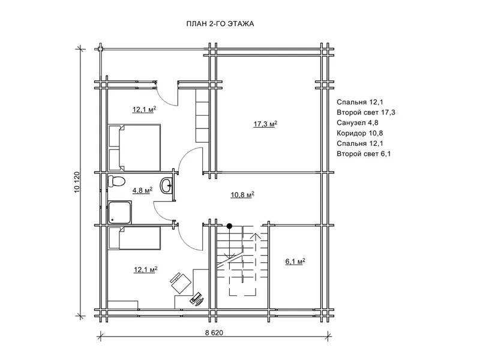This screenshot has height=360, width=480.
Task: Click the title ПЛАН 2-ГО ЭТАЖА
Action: [220, 24]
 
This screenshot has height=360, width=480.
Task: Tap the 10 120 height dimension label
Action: [77, 182]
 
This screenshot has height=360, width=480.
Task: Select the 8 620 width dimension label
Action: [214, 333]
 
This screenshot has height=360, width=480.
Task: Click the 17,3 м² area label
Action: [265, 124]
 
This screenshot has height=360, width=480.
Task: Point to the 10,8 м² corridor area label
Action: [242, 194]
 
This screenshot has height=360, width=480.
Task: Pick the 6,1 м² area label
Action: [295, 262]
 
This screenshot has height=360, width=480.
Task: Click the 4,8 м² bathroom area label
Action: [142, 190]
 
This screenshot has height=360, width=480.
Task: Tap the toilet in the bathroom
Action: [116, 181]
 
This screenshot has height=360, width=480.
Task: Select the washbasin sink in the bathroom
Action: [167, 185]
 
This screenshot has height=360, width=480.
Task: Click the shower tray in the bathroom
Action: [119, 212]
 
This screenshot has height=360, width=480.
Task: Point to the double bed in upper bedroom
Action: [134, 147]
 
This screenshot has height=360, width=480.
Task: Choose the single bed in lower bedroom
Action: [134, 238]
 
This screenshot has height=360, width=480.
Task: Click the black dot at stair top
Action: [229, 226]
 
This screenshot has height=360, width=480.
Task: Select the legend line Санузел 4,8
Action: [357, 123]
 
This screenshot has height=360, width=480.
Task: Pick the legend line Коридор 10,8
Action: [359, 133]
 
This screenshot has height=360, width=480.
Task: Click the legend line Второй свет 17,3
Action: [366, 112]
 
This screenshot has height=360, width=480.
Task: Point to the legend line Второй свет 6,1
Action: [364, 154]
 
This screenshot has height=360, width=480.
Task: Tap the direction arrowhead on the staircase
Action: [255, 236]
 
